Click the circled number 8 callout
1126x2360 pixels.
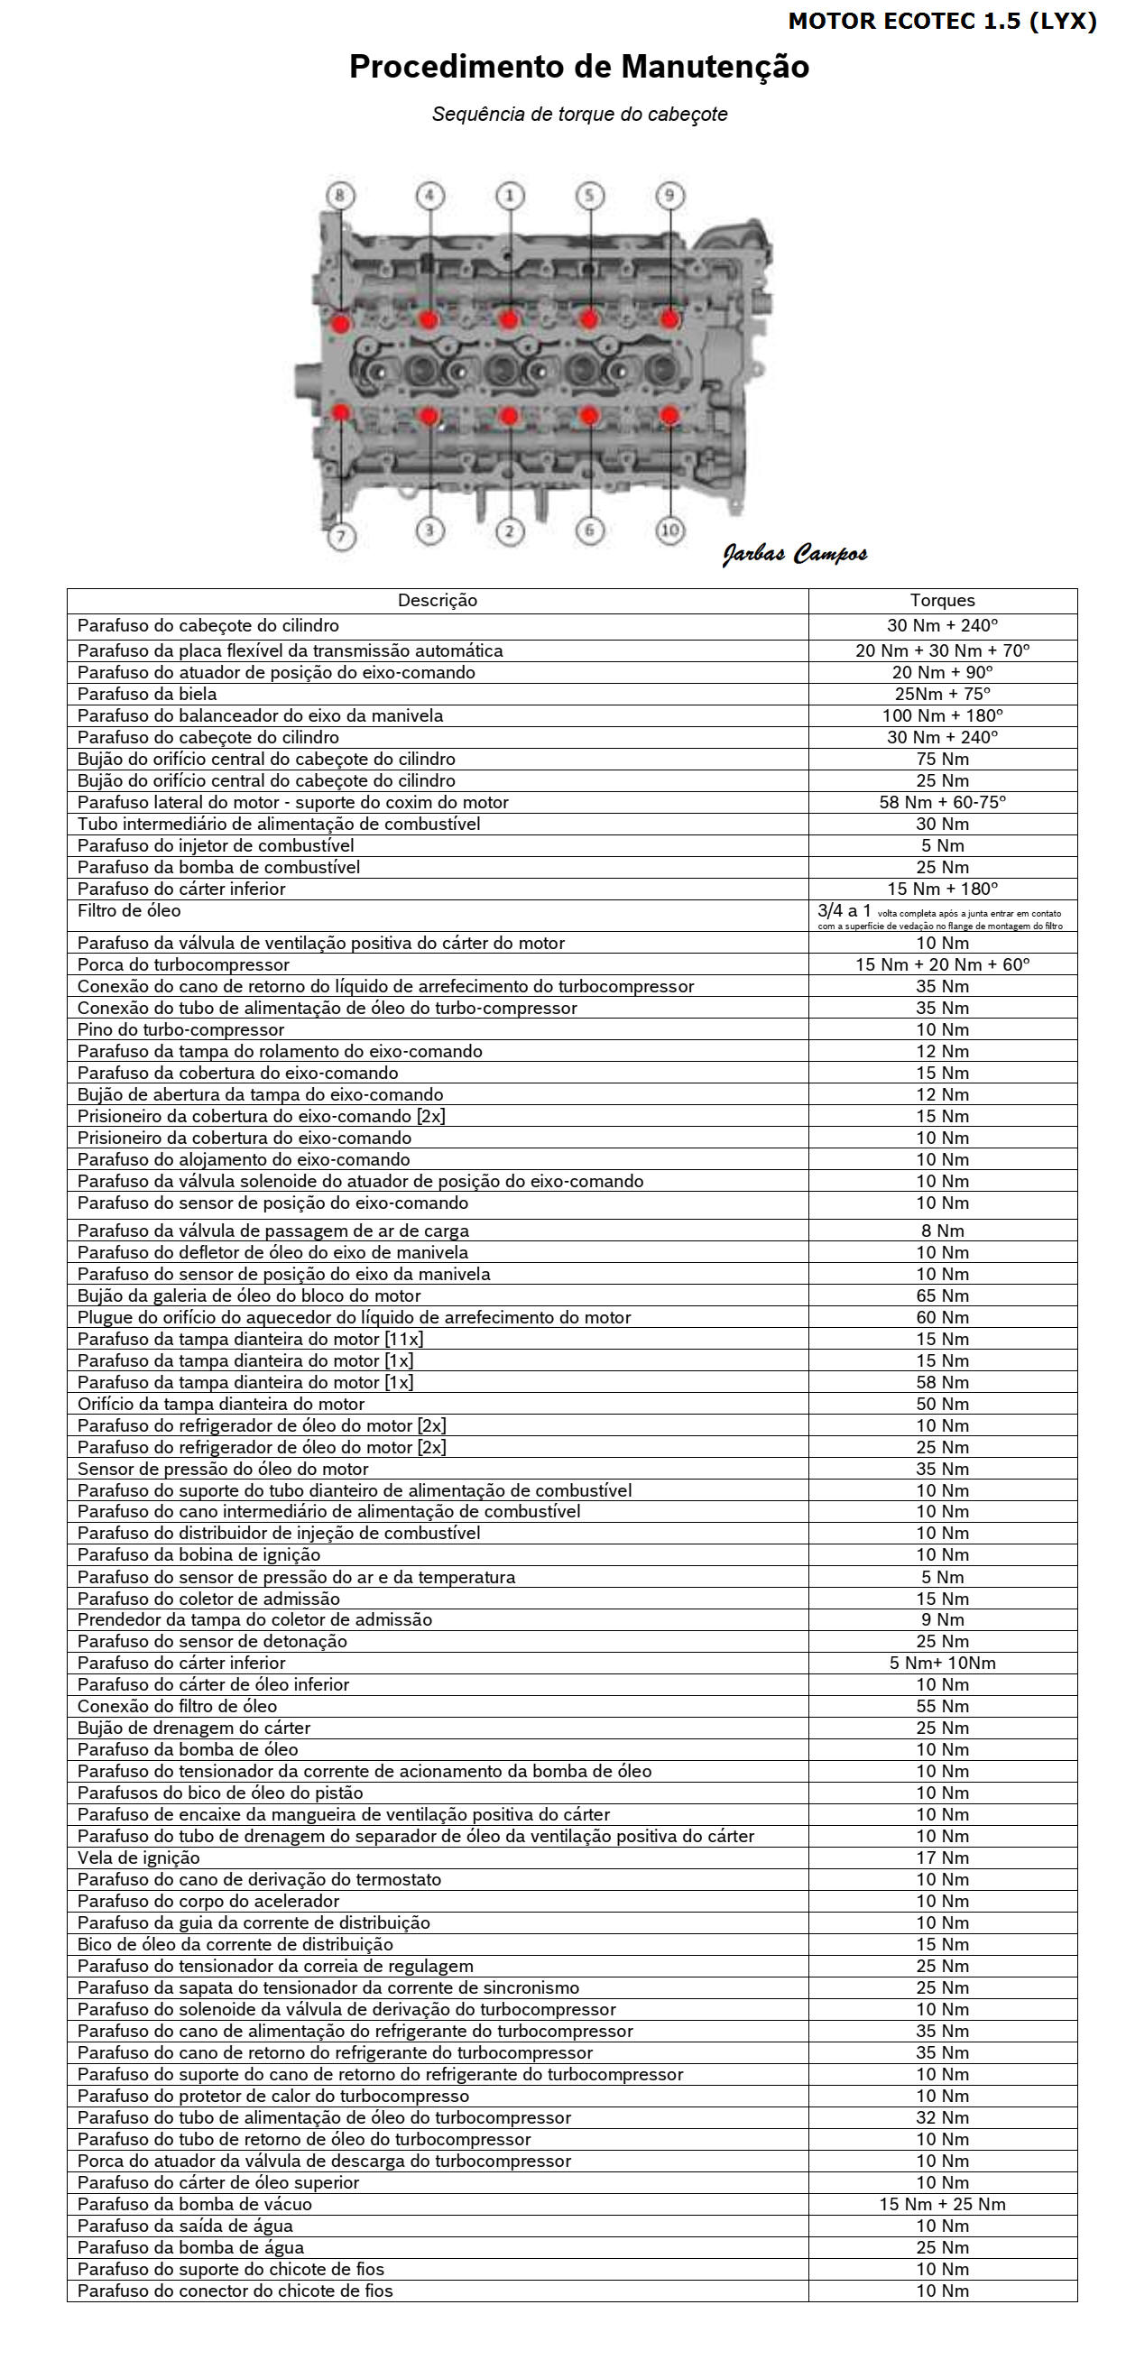(340, 195)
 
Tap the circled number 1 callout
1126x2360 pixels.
(511, 195)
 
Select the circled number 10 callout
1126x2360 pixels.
(669, 530)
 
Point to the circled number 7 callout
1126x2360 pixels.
(341, 536)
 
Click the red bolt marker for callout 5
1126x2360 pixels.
(589, 318)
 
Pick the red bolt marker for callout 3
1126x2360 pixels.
(429, 417)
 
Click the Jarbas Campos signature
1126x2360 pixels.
(794, 553)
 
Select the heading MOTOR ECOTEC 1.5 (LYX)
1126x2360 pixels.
(942, 21)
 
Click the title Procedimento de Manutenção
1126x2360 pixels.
(579, 67)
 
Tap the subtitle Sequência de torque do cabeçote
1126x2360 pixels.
(579, 115)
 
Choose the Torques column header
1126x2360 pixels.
(942, 601)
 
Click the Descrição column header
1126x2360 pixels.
(437, 601)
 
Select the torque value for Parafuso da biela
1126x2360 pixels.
(942, 695)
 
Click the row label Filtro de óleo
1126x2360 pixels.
(129, 911)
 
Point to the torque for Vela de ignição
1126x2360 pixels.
(942, 1858)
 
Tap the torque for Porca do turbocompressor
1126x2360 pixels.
(942, 964)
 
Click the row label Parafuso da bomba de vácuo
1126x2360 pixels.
(194, 2204)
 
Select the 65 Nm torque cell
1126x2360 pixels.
(942, 1296)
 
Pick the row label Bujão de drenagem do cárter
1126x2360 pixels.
(193, 1728)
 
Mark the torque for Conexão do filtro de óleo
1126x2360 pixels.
(942, 1707)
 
